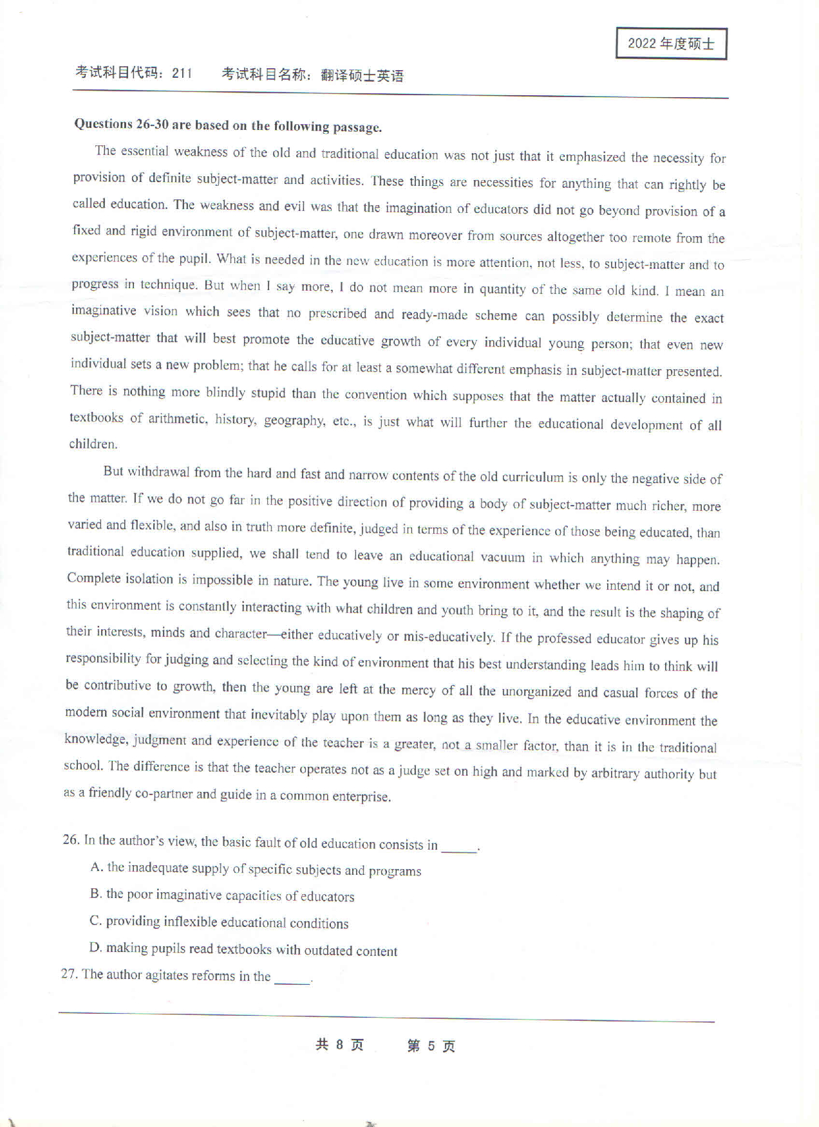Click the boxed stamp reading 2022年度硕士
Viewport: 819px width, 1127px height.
click(671, 44)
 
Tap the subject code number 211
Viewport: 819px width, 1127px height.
click(182, 73)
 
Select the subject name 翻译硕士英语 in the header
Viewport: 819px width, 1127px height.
click(362, 76)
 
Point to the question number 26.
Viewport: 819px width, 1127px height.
click(71, 839)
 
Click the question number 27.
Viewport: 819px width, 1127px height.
click(69, 973)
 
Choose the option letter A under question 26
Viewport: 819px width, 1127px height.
click(97, 867)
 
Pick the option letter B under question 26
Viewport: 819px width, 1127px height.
click(95, 893)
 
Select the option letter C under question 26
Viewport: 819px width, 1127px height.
click(95, 921)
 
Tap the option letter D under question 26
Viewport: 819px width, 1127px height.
click(95, 948)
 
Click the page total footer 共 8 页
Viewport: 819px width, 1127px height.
click(339, 1045)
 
